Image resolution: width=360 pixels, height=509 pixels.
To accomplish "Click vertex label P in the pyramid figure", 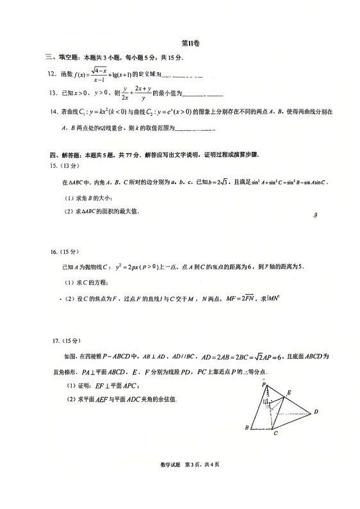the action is point(263,384).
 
